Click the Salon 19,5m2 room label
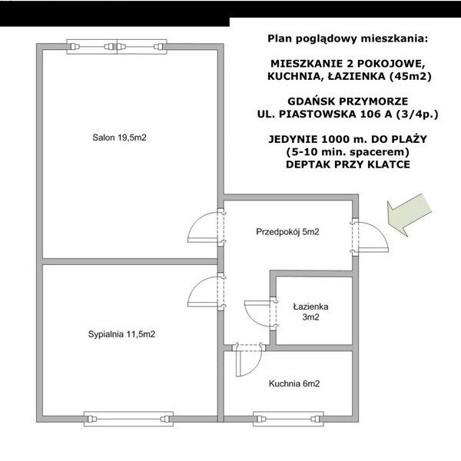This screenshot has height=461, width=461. pyautogui.click(x=119, y=138)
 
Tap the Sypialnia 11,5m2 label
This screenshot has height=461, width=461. pyautogui.click(x=121, y=334)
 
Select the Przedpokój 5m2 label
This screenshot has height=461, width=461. pyautogui.click(x=287, y=232)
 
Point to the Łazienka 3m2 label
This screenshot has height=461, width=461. pyautogui.click(x=310, y=312)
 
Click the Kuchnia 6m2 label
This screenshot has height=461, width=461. pyautogui.click(x=294, y=383)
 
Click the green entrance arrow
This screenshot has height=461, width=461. pyautogui.click(x=409, y=215)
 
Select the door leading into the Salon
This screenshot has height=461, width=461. pyautogui.click(x=206, y=227)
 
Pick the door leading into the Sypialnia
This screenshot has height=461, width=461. pyautogui.click(x=206, y=291)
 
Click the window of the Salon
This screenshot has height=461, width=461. pyautogui.click(x=117, y=47)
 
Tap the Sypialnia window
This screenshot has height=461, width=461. pyautogui.click(x=128, y=419)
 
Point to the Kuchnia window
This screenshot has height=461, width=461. pyautogui.click(x=288, y=419)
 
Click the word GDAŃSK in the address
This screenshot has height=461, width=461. pyautogui.click(x=311, y=101)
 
